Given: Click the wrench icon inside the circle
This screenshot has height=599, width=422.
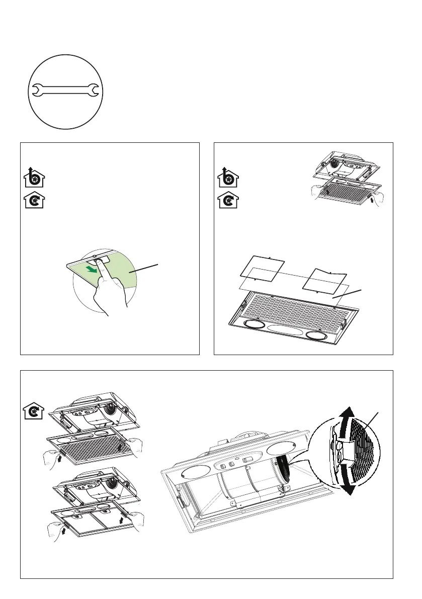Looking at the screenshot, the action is tap(65, 91).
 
